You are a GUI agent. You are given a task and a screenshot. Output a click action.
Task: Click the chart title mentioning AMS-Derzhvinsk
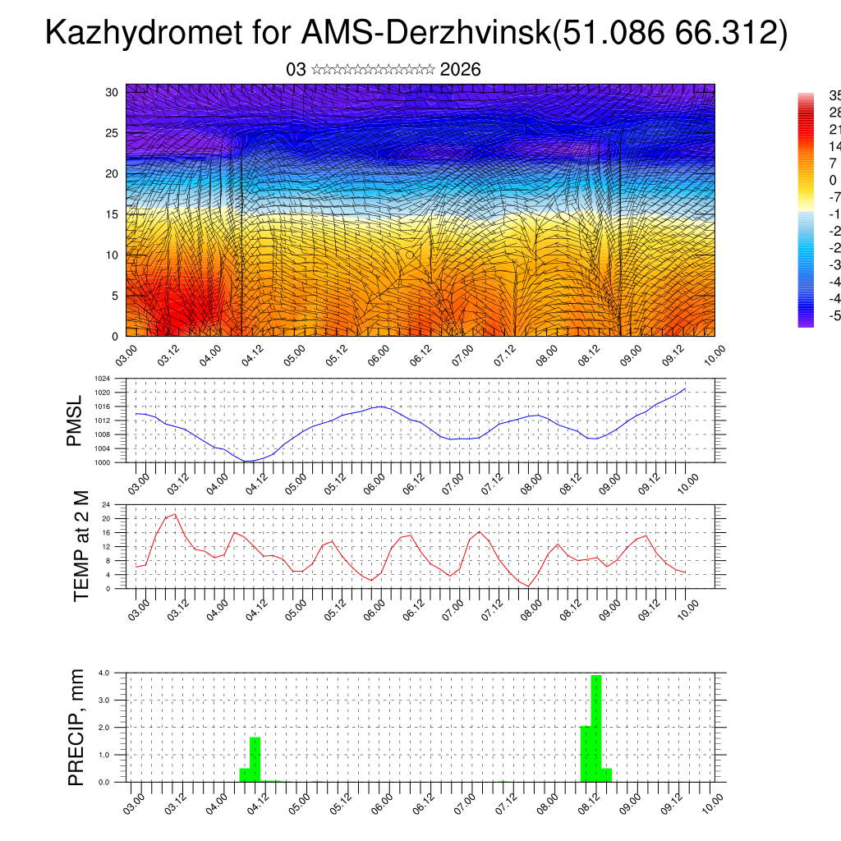tap(416, 33)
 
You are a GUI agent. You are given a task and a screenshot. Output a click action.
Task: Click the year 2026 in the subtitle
tap(460, 70)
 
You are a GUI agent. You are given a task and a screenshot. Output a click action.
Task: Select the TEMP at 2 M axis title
tap(81, 545)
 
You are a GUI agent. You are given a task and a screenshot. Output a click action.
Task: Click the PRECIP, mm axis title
tap(76, 726)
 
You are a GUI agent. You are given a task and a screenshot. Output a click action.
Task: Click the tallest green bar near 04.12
tap(255, 759)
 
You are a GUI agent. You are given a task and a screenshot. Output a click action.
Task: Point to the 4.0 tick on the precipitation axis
tap(104, 673)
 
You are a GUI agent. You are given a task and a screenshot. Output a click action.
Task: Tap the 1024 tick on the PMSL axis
tap(102, 379)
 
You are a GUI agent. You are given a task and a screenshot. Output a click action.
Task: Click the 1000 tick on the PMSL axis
tap(102, 462)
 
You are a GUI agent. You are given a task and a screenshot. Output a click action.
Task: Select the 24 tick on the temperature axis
tap(106, 504)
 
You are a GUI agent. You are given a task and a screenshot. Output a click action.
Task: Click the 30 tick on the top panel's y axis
tap(112, 92)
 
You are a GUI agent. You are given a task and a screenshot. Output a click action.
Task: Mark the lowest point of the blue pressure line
tap(246, 461)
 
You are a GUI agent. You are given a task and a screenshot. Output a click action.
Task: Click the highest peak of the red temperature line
tap(175, 514)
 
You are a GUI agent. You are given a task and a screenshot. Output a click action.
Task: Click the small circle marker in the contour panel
tap(410, 255)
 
